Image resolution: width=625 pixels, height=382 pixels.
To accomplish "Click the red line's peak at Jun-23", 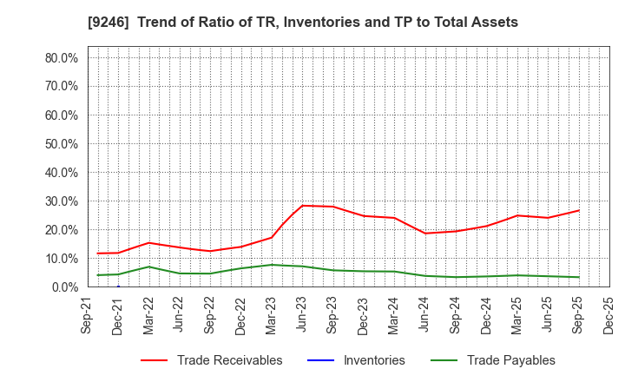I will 302,206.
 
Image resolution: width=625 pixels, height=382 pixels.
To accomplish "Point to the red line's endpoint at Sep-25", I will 579,210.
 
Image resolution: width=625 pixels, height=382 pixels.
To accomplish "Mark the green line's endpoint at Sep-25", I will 579,277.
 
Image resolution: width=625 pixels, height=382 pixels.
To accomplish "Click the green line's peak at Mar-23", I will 272,265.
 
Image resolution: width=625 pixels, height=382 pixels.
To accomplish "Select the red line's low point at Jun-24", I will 425,233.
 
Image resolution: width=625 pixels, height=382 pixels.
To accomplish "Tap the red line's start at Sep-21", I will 97,254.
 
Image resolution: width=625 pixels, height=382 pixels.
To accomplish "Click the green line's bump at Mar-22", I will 148,267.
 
